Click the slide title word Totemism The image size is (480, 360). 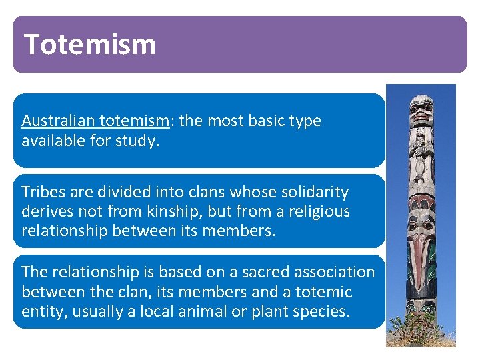[90, 44]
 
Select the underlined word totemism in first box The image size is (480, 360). [138, 121]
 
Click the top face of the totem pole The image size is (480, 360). [421, 110]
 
